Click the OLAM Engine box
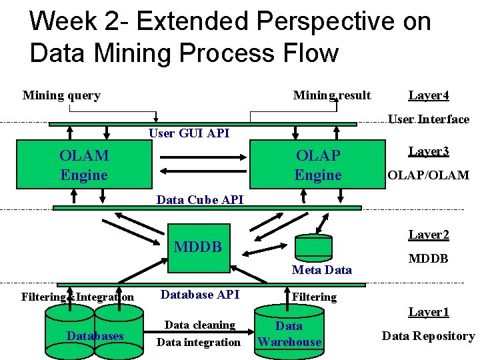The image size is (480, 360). (84, 165)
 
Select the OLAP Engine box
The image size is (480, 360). (317, 165)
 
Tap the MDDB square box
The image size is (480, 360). (199, 248)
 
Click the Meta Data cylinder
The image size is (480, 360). (313, 248)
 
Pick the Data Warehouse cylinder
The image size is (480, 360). (289, 332)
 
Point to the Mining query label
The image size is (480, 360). (61, 95)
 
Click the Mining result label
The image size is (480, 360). (332, 95)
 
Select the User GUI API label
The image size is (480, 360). (189, 133)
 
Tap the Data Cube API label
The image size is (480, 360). (200, 200)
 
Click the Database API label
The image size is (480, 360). (200, 295)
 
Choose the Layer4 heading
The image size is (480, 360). (429, 95)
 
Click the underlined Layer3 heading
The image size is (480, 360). (429, 151)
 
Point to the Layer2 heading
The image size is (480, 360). (429, 235)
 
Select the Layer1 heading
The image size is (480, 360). (429, 312)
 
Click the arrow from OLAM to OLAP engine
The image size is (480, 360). (203, 157)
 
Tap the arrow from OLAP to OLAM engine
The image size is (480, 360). (203, 171)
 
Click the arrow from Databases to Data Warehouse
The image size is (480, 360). (199, 332)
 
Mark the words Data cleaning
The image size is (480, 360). (200, 325)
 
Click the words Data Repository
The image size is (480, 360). (428, 336)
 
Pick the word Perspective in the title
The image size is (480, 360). (326, 22)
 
